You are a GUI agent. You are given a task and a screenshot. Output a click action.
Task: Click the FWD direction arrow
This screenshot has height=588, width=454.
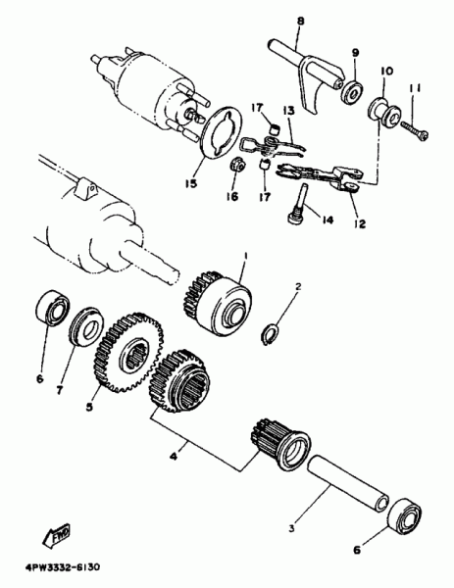(x=56, y=535)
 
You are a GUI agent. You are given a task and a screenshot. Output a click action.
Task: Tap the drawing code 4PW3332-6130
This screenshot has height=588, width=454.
(x=63, y=567)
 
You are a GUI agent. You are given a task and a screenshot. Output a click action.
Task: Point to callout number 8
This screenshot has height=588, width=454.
(x=301, y=22)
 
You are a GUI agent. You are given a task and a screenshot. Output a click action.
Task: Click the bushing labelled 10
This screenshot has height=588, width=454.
(x=384, y=111)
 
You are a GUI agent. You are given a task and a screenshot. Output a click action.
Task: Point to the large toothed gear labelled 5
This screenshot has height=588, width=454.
(x=128, y=354)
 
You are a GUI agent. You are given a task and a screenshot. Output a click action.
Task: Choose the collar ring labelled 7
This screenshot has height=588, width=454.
(x=86, y=327)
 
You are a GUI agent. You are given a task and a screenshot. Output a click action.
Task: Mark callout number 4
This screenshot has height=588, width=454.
(x=174, y=456)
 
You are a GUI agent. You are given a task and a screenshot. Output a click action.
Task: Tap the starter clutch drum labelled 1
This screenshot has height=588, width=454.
(x=219, y=301)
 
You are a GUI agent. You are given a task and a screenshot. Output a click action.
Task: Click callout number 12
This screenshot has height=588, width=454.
(x=359, y=223)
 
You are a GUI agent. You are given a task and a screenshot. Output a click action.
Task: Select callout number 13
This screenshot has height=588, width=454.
(x=289, y=111)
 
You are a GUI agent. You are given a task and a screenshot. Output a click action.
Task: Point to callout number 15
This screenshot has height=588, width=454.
(x=190, y=184)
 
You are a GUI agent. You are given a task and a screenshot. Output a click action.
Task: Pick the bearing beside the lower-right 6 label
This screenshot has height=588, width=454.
(x=405, y=516)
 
